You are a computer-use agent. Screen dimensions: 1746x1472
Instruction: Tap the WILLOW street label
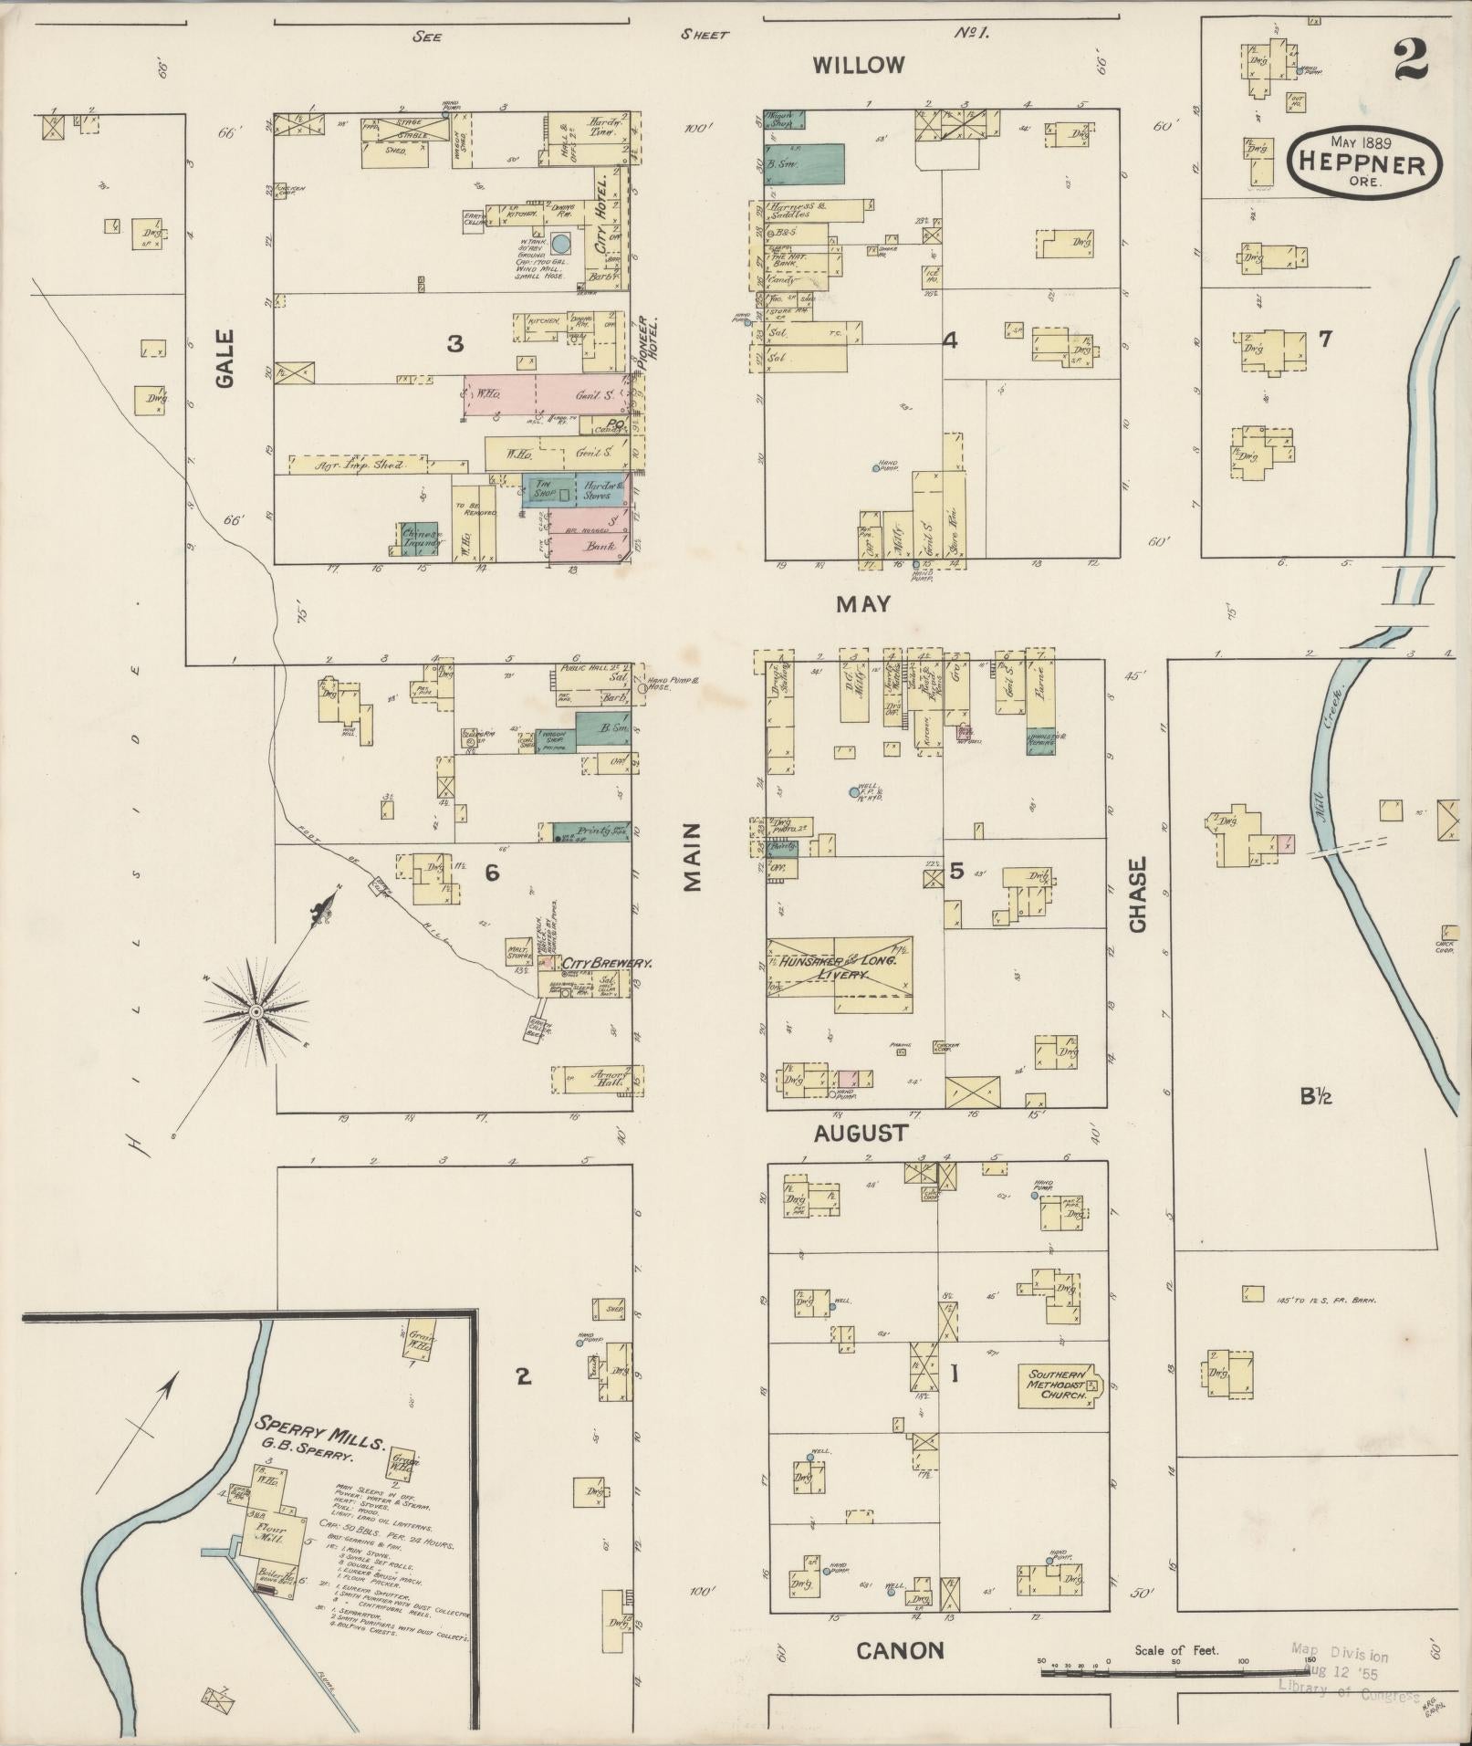click(859, 65)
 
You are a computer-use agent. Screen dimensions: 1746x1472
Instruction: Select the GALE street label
click(225, 359)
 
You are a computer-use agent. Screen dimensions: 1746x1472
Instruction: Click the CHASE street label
click(1137, 894)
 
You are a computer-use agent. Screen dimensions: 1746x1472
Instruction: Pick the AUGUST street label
click(861, 1133)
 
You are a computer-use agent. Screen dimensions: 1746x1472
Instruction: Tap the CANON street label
click(900, 1649)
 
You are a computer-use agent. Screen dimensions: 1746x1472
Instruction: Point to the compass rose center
click(256, 1012)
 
